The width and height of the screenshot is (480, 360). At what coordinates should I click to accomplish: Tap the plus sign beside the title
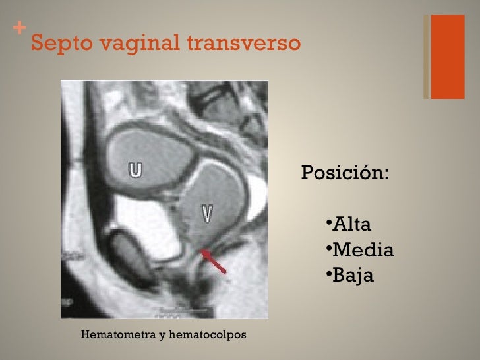[x=19, y=29]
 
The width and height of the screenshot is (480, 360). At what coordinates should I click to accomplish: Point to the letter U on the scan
[x=135, y=170]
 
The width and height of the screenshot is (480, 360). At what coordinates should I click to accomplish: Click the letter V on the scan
[x=208, y=212]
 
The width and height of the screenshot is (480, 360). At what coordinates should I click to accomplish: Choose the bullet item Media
[x=363, y=250]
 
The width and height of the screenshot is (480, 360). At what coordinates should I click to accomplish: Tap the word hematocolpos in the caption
[x=208, y=335]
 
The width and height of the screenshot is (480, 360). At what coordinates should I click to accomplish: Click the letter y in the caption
[x=162, y=336]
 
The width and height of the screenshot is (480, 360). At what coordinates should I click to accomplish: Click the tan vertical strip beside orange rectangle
[x=426, y=57]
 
